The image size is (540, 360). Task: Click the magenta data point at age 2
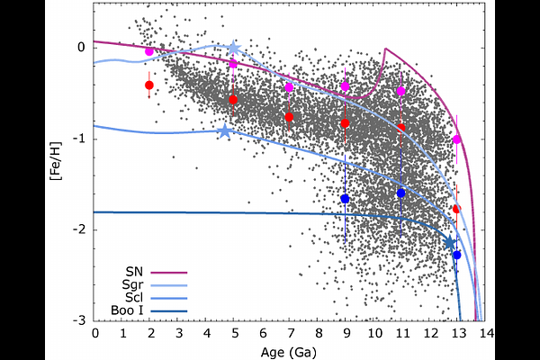tap(149, 51)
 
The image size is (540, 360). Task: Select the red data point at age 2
tap(149, 85)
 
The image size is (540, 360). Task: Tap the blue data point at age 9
tap(345, 199)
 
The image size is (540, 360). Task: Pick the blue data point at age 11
tap(400, 193)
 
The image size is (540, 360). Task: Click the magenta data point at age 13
tap(457, 139)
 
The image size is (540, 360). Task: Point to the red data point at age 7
tap(289, 117)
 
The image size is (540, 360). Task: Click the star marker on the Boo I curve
tap(450, 242)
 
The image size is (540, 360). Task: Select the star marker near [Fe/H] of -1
tap(225, 130)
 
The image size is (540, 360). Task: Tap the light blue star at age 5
tap(233, 48)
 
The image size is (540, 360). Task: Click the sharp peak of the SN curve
tap(385, 49)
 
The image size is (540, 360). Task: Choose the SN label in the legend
tap(134, 272)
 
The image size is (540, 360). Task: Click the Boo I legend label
tap(127, 310)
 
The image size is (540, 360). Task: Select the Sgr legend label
tap(132, 285)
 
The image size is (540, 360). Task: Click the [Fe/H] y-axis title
tap(56, 161)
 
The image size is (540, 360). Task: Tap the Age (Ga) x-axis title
tap(289, 353)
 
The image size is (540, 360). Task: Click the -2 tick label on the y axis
tap(79, 229)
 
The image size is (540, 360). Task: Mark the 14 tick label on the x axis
tap(486, 333)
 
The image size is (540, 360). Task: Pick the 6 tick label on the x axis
tap(263, 333)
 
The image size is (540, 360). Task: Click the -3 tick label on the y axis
tap(79, 320)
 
